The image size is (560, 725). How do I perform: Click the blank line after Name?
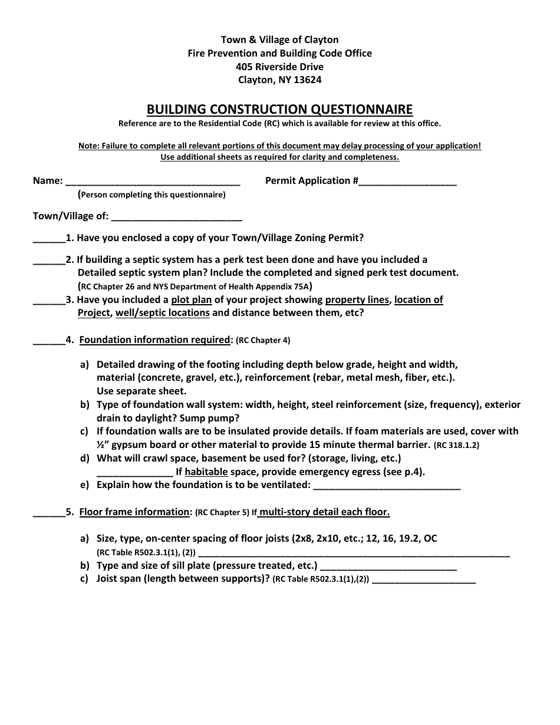(151, 182)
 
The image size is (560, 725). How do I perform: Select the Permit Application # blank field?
(407, 182)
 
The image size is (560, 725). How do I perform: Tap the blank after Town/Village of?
(177, 217)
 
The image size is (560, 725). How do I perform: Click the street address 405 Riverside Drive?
(279, 67)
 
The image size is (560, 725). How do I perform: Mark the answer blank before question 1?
(48, 239)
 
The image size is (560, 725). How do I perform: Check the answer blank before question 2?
(48, 261)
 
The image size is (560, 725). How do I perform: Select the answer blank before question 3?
(48, 301)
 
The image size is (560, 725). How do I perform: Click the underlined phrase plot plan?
(191, 299)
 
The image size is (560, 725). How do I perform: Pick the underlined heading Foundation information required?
(155, 340)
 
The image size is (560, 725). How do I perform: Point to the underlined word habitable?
(206, 472)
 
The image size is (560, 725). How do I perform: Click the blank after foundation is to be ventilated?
(386, 486)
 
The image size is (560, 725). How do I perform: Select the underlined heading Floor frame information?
(134, 512)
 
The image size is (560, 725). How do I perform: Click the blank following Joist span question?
(424, 580)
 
